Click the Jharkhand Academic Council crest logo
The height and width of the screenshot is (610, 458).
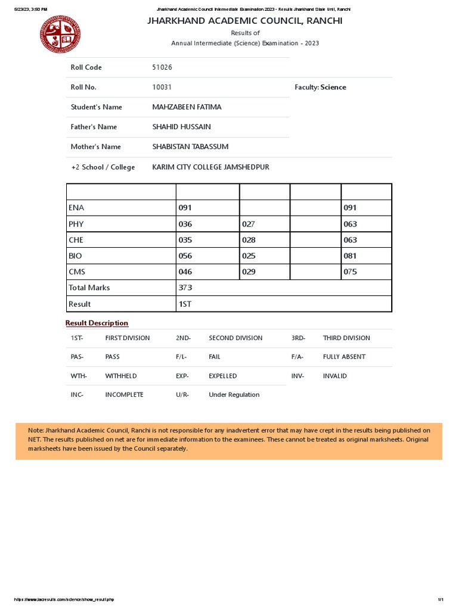(x=60, y=35)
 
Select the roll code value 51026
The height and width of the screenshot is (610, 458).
(x=162, y=67)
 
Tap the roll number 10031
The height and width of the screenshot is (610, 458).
(x=162, y=87)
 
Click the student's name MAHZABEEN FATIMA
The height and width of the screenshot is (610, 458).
(x=187, y=107)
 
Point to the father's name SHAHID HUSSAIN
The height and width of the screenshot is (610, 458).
(x=181, y=127)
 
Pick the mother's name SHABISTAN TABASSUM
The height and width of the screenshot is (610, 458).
(x=190, y=147)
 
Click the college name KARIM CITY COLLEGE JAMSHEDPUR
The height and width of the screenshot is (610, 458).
(x=211, y=167)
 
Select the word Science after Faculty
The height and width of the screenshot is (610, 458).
(x=333, y=87)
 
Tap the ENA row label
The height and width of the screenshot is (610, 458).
(x=76, y=208)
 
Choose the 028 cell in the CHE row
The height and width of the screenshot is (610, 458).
(x=249, y=240)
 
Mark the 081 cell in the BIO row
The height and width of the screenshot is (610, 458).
(x=350, y=256)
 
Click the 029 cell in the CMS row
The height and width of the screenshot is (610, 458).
(x=249, y=272)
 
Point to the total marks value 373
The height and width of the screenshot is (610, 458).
(x=185, y=288)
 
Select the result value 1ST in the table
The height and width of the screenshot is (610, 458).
(x=185, y=304)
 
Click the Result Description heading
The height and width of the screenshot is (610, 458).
(x=97, y=323)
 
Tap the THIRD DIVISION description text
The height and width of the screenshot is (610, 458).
(x=346, y=338)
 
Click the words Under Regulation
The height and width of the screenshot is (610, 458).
(x=234, y=395)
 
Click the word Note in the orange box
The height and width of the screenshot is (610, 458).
(x=35, y=430)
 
